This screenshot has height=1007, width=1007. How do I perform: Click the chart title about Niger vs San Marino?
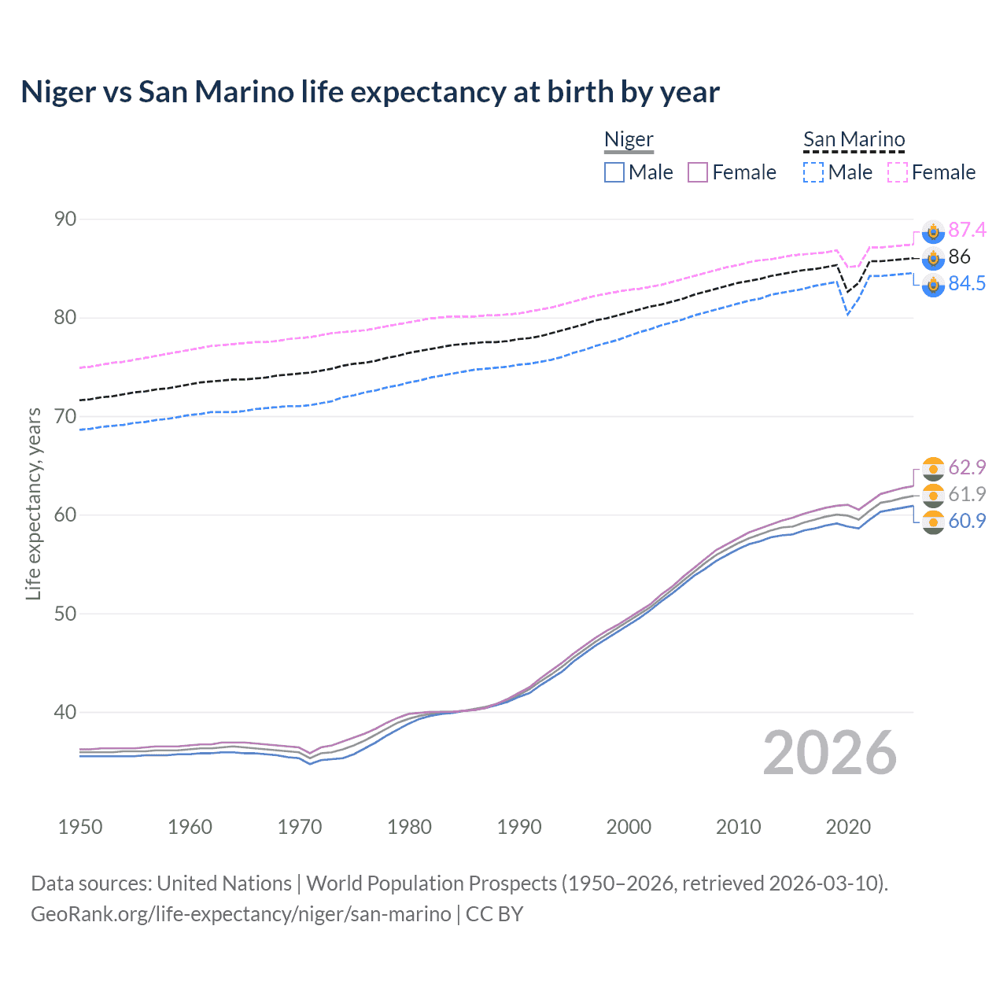(x=370, y=92)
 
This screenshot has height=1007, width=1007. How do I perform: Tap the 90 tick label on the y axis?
(x=65, y=219)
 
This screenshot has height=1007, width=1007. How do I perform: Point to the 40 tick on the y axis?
(x=65, y=712)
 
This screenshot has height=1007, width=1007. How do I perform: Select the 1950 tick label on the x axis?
(x=80, y=827)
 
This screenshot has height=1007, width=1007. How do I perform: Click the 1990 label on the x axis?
(x=519, y=827)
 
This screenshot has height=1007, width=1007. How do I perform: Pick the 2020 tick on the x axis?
(x=848, y=827)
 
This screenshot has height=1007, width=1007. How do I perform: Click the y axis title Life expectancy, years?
(x=34, y=503)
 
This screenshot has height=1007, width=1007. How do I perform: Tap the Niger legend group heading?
(x=629, y=140)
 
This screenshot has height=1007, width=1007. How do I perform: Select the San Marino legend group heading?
(x=854, y=140)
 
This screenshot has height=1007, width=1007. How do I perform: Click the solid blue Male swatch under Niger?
(x=614, y=172)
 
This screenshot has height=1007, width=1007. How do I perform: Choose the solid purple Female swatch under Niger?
(x=698, y=172)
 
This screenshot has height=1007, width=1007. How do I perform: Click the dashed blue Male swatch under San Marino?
(x=813, y=172)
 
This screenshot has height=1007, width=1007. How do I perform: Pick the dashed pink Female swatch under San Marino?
(x=898, y=172)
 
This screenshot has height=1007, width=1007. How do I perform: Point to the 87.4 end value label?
(x=967, y=230)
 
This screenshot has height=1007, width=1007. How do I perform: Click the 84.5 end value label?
(x=967, y=284)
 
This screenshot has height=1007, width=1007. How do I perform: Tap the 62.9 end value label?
(x=967, y=467)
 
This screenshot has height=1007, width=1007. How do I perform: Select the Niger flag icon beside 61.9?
(x=933, y=495)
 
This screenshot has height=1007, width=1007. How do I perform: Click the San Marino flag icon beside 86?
(x=933, y=257)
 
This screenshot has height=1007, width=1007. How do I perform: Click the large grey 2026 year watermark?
(x=830, y=753)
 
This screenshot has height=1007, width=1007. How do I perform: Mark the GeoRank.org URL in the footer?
(x=241, y=914)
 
